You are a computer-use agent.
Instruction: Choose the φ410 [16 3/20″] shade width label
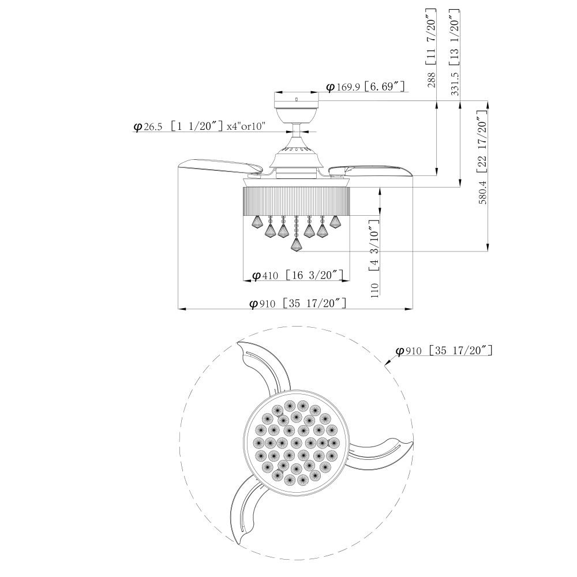pyautogui.click(x=298, y=275)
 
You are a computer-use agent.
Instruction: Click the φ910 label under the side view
pyautogui.click(x=298, y=304)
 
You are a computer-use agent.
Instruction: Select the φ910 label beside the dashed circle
pyautogui.click(x=444, y=350)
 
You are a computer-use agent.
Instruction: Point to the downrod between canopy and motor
pyautogui.click(x=296, y=130)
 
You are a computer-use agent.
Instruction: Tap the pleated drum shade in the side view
pyautogui.click(x=296, y=201)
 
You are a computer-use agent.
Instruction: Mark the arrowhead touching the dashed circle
pyautogui.click(x=387, y=363)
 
